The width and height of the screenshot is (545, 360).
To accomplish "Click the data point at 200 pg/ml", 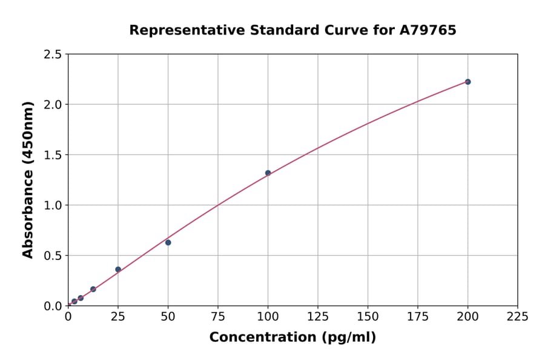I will pyautogui.click(x=467, y=82).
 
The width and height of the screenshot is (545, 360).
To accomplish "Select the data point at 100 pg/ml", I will pyautogui.click(x=268, y=173).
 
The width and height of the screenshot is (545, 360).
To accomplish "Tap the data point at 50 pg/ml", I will pyautogui.click(x=168, y=242).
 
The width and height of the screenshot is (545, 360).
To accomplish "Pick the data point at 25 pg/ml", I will pyautogui.click(x=118, y=269).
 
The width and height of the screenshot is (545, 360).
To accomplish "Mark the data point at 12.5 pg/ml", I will pyautogui.click(x=93, y=289).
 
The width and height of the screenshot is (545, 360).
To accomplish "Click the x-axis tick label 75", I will pyautogui.click(x=218, y=316).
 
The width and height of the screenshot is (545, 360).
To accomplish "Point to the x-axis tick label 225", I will pyautogui.click(x=517, y=316).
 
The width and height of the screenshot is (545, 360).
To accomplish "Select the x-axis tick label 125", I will pyautogui.click(x=317, y=316).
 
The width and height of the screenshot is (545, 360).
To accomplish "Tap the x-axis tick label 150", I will pyautogui.click(x=368, y=316).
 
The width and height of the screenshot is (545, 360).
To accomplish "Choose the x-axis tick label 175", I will pyautogui.click(x=417, y=316).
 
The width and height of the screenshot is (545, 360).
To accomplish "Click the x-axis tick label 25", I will pyautogui.click(x=118, y=316).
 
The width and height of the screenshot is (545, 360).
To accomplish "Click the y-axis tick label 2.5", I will pyautogui.click(x=53, y=55).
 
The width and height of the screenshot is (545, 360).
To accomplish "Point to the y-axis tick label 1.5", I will pyautogui.click(x=53, y=155).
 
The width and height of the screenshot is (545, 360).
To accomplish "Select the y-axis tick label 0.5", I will pyautogui.click(x=53, y=256).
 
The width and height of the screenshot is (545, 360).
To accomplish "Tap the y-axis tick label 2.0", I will pyautogui.click(x=53, y=105).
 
